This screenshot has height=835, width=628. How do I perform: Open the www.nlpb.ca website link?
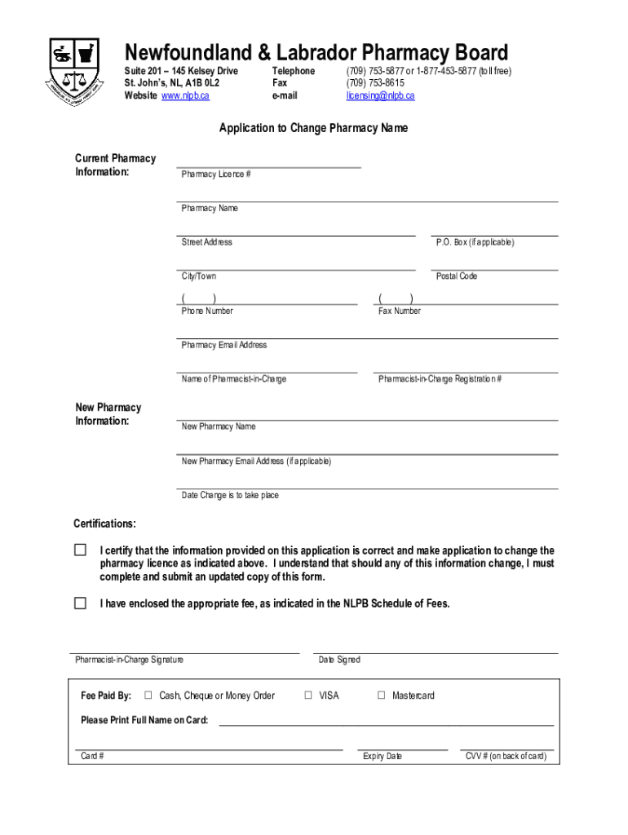click(185, 96)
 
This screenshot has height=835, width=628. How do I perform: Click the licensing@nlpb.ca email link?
click(380, 96)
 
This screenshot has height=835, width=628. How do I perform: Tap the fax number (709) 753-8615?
click(375, 83)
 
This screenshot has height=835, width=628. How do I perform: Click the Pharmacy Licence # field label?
click(216, 175)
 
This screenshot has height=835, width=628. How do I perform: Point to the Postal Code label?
click(457, 276)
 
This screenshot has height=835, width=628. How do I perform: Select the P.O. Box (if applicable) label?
click(475, 242)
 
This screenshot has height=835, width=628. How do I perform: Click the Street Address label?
click(207, 242)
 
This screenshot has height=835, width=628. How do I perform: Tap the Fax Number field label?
click(400, 311)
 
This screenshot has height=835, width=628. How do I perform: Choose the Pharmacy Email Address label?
click(224, 345)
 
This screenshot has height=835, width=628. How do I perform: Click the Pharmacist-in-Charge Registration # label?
click(440, 379)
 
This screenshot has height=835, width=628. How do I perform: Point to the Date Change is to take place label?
click(230, 495)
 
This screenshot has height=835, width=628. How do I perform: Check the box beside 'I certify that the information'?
click(80, 550)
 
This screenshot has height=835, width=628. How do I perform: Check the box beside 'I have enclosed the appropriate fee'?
click(80, 603)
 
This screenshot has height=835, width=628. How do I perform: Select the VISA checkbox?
click(308, 696)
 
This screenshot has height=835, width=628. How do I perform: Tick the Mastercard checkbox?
click(381, 696)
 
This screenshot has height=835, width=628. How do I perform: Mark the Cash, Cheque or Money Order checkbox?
click(148, 696)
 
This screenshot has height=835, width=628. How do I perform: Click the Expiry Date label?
click(383, 756)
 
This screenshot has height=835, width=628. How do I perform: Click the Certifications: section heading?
click(105, 524)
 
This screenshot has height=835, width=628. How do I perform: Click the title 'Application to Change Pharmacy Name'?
click(313, 128)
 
